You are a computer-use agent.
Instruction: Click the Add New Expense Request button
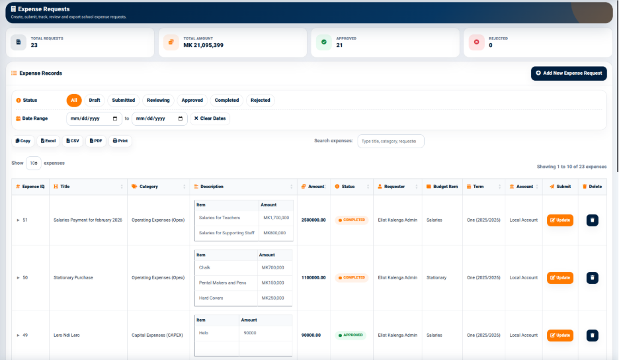click(569, 73)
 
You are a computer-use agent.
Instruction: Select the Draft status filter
click(95, 101)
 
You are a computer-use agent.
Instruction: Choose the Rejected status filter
click(260, 101)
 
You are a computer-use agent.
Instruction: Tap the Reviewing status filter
click(158, 101)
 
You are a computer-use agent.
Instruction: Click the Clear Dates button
click(210, 118)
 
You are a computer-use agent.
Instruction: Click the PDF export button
click(95, 141)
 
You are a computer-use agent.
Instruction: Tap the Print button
click(120, 141)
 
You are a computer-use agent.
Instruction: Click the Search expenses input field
click(390, 141)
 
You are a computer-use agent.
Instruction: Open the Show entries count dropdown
click(34, 163)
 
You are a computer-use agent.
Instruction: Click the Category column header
click(148, 187)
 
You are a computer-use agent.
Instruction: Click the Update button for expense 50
click(559, 278)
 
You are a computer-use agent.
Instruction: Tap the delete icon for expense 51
click(592, 220)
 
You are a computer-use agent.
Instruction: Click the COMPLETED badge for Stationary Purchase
click(351, 278)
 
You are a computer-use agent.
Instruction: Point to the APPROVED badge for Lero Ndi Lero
click(351, 335)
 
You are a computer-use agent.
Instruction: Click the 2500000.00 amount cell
click(313, 220)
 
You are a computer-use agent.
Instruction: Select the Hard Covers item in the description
click(211, 298)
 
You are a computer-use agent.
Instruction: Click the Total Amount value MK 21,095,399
click(203, 45)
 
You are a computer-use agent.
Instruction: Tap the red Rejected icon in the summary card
click(477, 42)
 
